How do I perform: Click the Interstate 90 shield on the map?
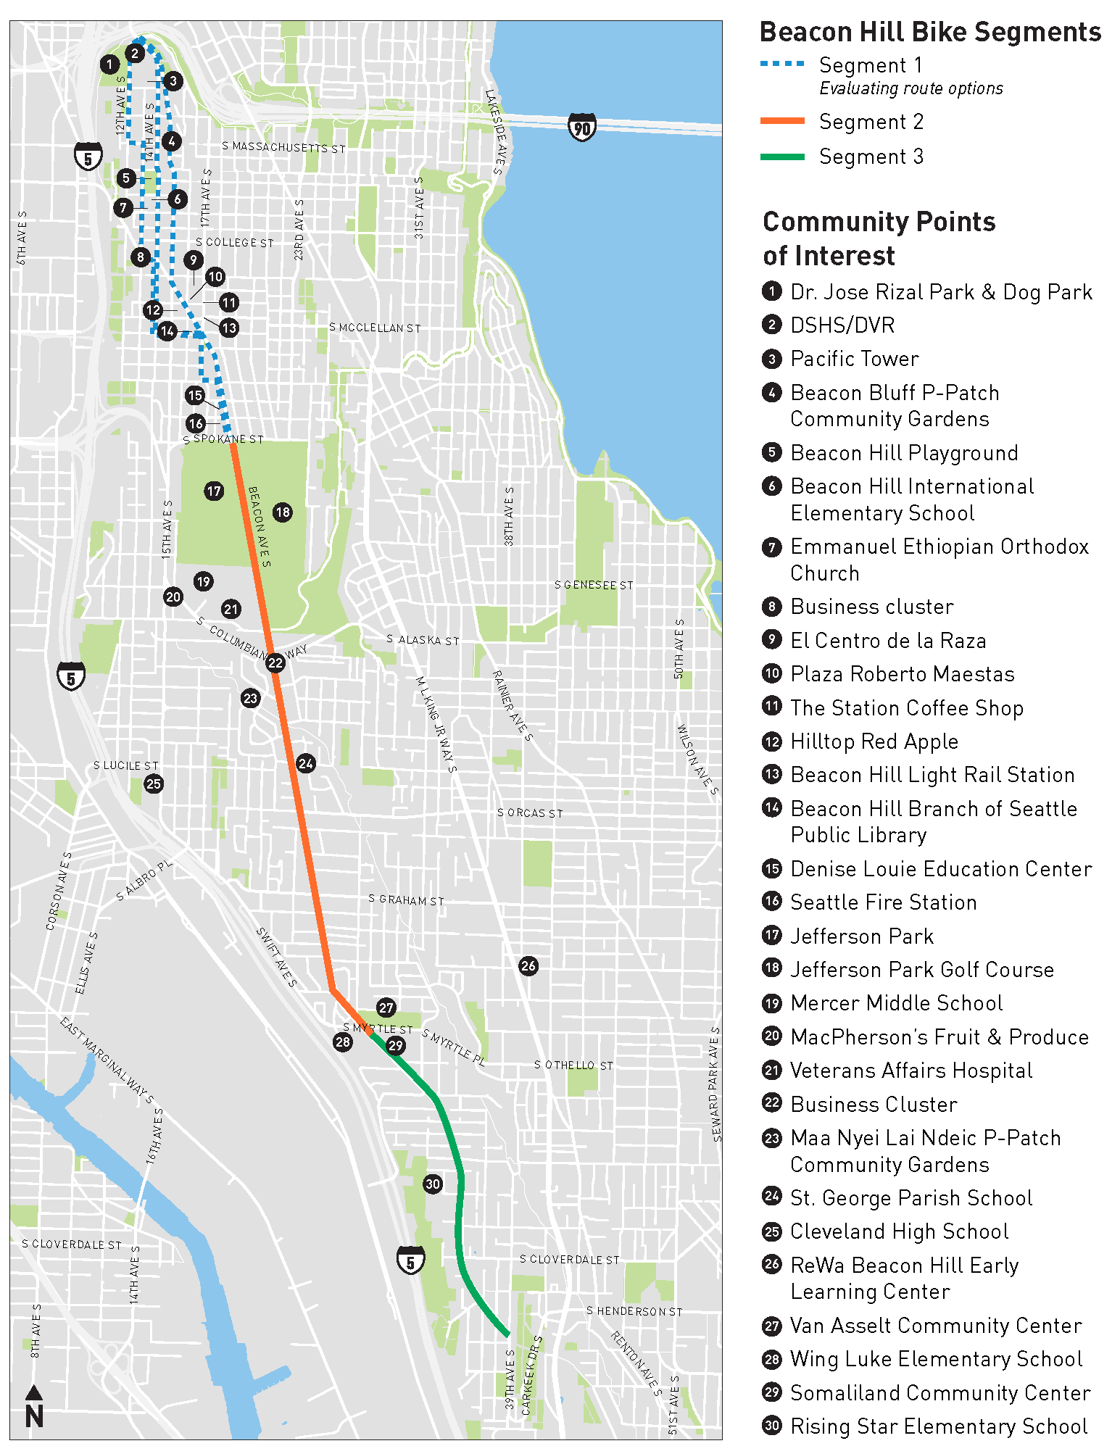tap(581, 128)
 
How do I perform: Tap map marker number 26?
tap(528, 965)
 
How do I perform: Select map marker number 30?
tap(433, 1184)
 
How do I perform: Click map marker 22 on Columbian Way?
tap(275, 662)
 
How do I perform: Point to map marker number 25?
tap(154, 784)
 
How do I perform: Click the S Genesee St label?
tap(594, 585)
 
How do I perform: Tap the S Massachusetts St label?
tap(283, 147)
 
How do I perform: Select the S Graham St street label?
tap(406, 899)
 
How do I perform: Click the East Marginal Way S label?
tap(107, 1061)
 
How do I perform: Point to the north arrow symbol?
tap(34, 1407)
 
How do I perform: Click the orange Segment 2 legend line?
tap(782, 122)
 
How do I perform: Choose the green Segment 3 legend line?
tap(782, 157)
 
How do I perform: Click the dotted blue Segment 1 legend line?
tap(782, 64)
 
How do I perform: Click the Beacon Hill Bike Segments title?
tap(930, 33)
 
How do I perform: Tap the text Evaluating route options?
tap(911, 88)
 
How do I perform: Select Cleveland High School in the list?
tap(899, 1231)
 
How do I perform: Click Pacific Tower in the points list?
tap(854, 359)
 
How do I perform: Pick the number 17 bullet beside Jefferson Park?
tap(772, 935)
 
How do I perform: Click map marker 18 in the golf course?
tap(283, 512)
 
